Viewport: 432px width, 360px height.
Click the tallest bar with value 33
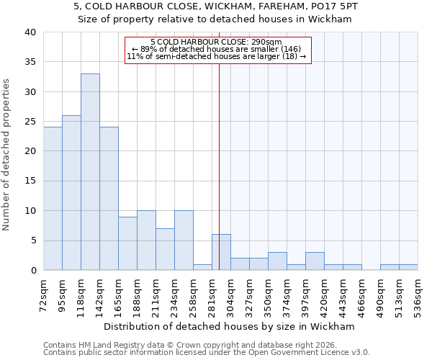[90, 172]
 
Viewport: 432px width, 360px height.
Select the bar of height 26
[71, 193]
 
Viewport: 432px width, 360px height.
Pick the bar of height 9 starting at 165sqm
[127, 243]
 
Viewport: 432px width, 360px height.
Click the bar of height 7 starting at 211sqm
[165, 249]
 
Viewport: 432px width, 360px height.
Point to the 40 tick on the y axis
[30, 32]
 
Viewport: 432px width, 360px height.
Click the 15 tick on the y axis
[30, 181]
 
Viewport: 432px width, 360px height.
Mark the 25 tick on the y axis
[30, 122]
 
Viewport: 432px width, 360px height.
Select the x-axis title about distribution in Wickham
[229, 326]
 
